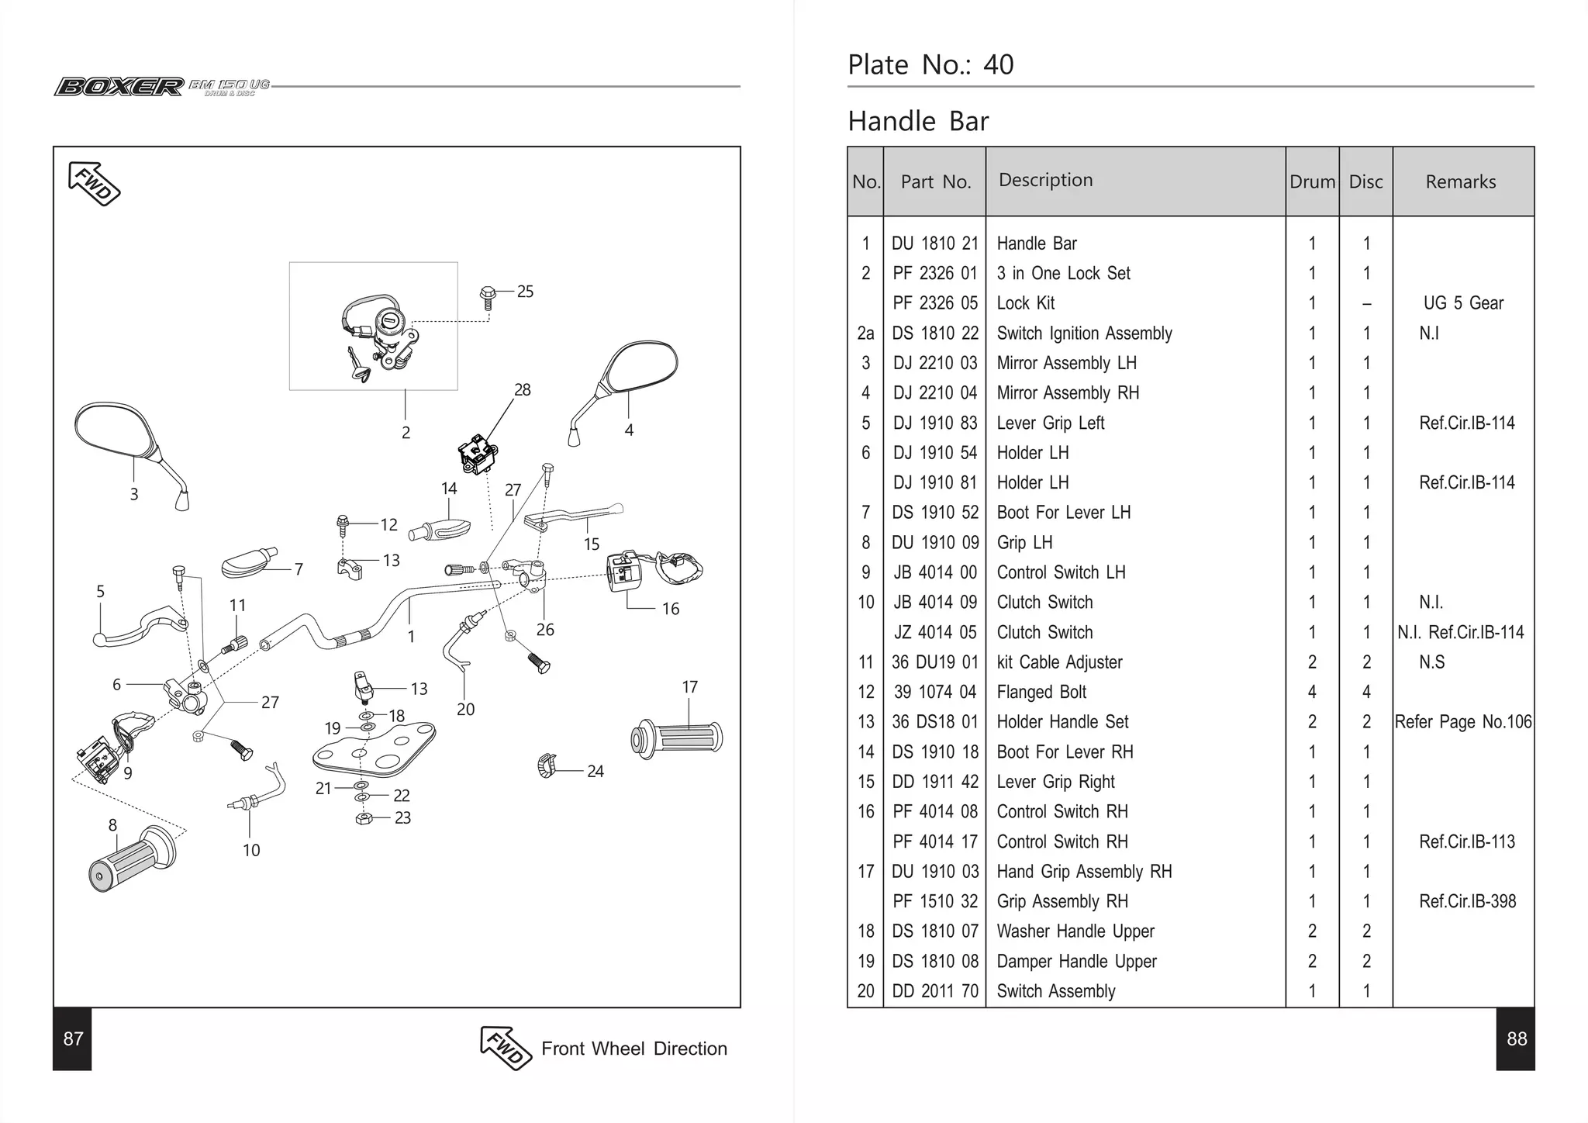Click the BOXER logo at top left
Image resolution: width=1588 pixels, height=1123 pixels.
pyautogui.click(x=119, y=86)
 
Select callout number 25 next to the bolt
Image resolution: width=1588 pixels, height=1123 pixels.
pyautogui.click(x=525, y=292)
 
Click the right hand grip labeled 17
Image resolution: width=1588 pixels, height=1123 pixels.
pyautogui.click(x=678, y=738)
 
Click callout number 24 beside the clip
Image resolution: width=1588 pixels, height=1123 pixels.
pyautogui.click(x=595, y=772)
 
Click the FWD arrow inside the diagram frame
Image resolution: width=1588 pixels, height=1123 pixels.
pyautogui.click(x=94, y=184)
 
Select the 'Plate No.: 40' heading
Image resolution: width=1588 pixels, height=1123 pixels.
pyautogui.click(x=930, y=65)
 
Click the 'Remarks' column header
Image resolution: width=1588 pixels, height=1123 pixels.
pyautogui.click(x=1460, y=182)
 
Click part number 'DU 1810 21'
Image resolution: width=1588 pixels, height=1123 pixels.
pyautogui.click(x=934, y=244)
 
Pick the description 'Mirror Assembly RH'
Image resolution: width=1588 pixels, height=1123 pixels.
pyautogui.click(x=1068, y=393)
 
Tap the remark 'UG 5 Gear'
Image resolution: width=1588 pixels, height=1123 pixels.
pyautogui.click(x=1462, y=303)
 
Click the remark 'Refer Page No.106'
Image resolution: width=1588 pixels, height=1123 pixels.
pyautogui.click(x=1462, y=722)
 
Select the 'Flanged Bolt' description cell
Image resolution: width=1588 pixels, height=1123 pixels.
pyautogui.click(x=1041, y=692)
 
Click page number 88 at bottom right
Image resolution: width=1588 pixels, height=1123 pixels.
pyautogui.click(x=1516, y=1039)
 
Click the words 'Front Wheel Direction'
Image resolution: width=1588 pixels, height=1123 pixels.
pyautogui.click(x=633, y=1049)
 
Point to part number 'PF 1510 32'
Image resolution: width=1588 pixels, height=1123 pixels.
pyautogui.click(x=934, y=901)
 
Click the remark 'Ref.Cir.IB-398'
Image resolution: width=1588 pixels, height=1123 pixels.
pyautogui.click(x=1466, y=901)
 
